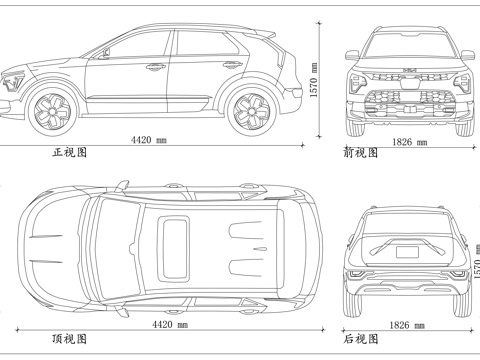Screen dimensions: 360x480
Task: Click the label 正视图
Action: click(x=69, y=154)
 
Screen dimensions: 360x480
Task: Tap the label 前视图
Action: click(x=360, y=154)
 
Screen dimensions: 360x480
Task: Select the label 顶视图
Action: click(x=69, y=339)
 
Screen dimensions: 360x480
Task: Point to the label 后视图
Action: click(x=360, y=339)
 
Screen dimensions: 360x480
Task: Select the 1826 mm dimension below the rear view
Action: click(x=402, y=325)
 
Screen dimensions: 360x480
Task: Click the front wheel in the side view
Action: click(x=51, y=109)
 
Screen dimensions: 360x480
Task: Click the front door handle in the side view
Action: click(x=155, y=67)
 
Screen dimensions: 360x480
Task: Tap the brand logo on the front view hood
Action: click(x=408, y=68)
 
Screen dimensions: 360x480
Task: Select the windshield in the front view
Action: click(x=407, y=44)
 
